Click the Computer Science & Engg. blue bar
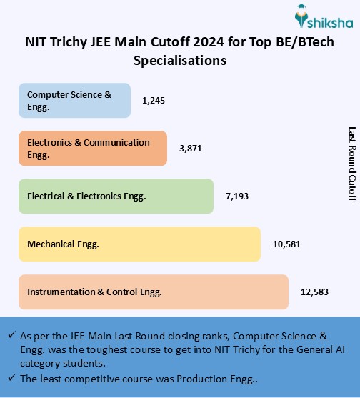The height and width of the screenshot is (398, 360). tap(74, 100)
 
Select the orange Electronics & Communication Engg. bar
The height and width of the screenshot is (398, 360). tap(92, 148)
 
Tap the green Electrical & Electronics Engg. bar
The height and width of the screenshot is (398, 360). tap(116, 196)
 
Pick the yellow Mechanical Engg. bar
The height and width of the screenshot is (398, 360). tap(139, 244)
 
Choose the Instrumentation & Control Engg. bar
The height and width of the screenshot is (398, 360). tap(153, 292)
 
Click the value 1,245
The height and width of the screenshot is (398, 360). tap(154, 101)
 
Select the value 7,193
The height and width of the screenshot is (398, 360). tap(238, 196)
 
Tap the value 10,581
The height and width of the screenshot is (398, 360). tap(286, 244)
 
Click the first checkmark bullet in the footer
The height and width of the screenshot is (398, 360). tap(12, 335)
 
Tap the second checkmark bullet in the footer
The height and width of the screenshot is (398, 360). tap(12, 378)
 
